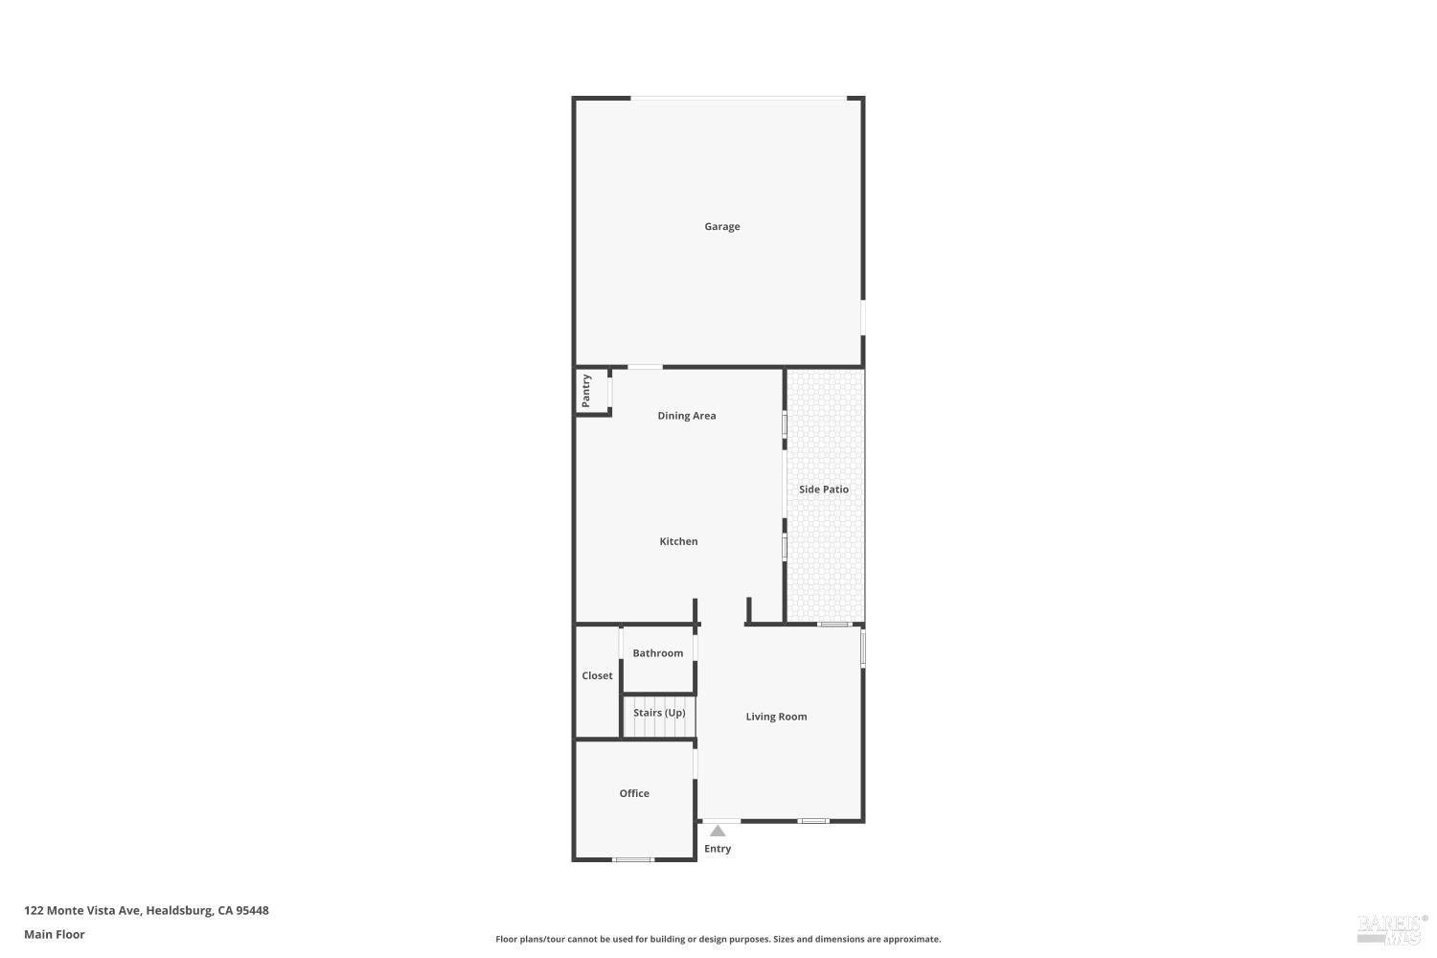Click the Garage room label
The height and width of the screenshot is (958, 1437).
click(x=721, y=227)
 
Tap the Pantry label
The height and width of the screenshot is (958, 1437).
click(x=586, y=391)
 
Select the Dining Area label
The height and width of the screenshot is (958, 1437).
click(x=686, y=416)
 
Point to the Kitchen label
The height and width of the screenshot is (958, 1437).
click(x=678, y=541)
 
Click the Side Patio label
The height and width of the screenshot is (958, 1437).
click(x=823, y=490)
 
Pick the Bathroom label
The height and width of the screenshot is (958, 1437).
click(x=657, y=653)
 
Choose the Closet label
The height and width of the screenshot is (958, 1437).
click(x=597, y=676)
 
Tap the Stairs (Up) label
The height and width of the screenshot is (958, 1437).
click(x=659, y=713)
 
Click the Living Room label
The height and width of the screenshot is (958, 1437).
click(x=776, y=717)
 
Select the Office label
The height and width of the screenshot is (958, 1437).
click(x=634, y=793)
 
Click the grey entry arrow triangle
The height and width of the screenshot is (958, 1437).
click(x=718, y=832)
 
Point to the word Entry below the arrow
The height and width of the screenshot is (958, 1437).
click(x=718, y=849)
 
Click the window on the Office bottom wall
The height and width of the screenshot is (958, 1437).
click(x=633, y=859)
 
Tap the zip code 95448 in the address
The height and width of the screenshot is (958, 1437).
click(x=252, y=911)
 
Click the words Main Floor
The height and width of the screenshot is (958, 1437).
click(x=55, y=935)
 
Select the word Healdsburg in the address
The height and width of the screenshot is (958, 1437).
click(x=178, y=911)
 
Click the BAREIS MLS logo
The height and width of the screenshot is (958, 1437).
click(x=1391, y=927)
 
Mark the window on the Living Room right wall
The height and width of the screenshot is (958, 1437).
click(x=862, y=647)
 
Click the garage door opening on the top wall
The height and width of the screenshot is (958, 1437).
click(x=738, y=98)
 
